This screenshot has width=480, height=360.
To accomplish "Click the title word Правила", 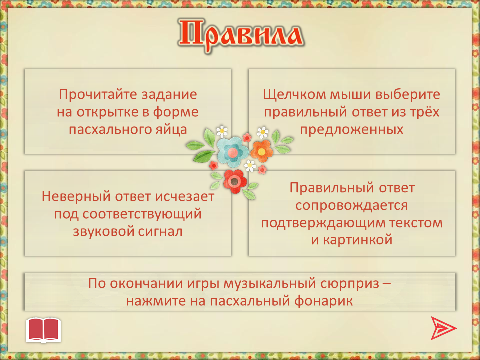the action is [240, 36].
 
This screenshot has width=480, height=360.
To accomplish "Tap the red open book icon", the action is [44, 330].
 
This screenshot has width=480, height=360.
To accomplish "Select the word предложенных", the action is [351, 130].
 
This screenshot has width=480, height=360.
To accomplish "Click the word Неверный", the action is [76, 196].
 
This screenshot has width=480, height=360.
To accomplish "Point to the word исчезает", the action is [185, 196].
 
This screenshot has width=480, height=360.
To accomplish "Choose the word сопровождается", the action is [351, 205].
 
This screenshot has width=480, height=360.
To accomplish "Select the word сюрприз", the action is [350, 284].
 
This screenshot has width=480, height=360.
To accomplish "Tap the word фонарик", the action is [324, 301].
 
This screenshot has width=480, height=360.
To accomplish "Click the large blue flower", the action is [232, 152].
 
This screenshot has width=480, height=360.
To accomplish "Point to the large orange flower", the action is [262, 151].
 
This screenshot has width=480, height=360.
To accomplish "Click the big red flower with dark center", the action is [235, 181].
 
